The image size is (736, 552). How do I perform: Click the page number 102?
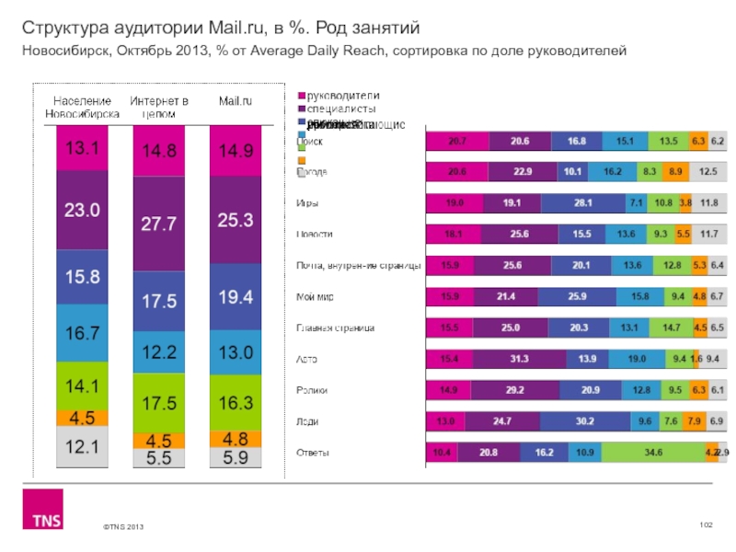point(707,523)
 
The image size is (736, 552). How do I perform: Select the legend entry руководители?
point(342,96)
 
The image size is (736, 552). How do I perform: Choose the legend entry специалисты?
point(341,109)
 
